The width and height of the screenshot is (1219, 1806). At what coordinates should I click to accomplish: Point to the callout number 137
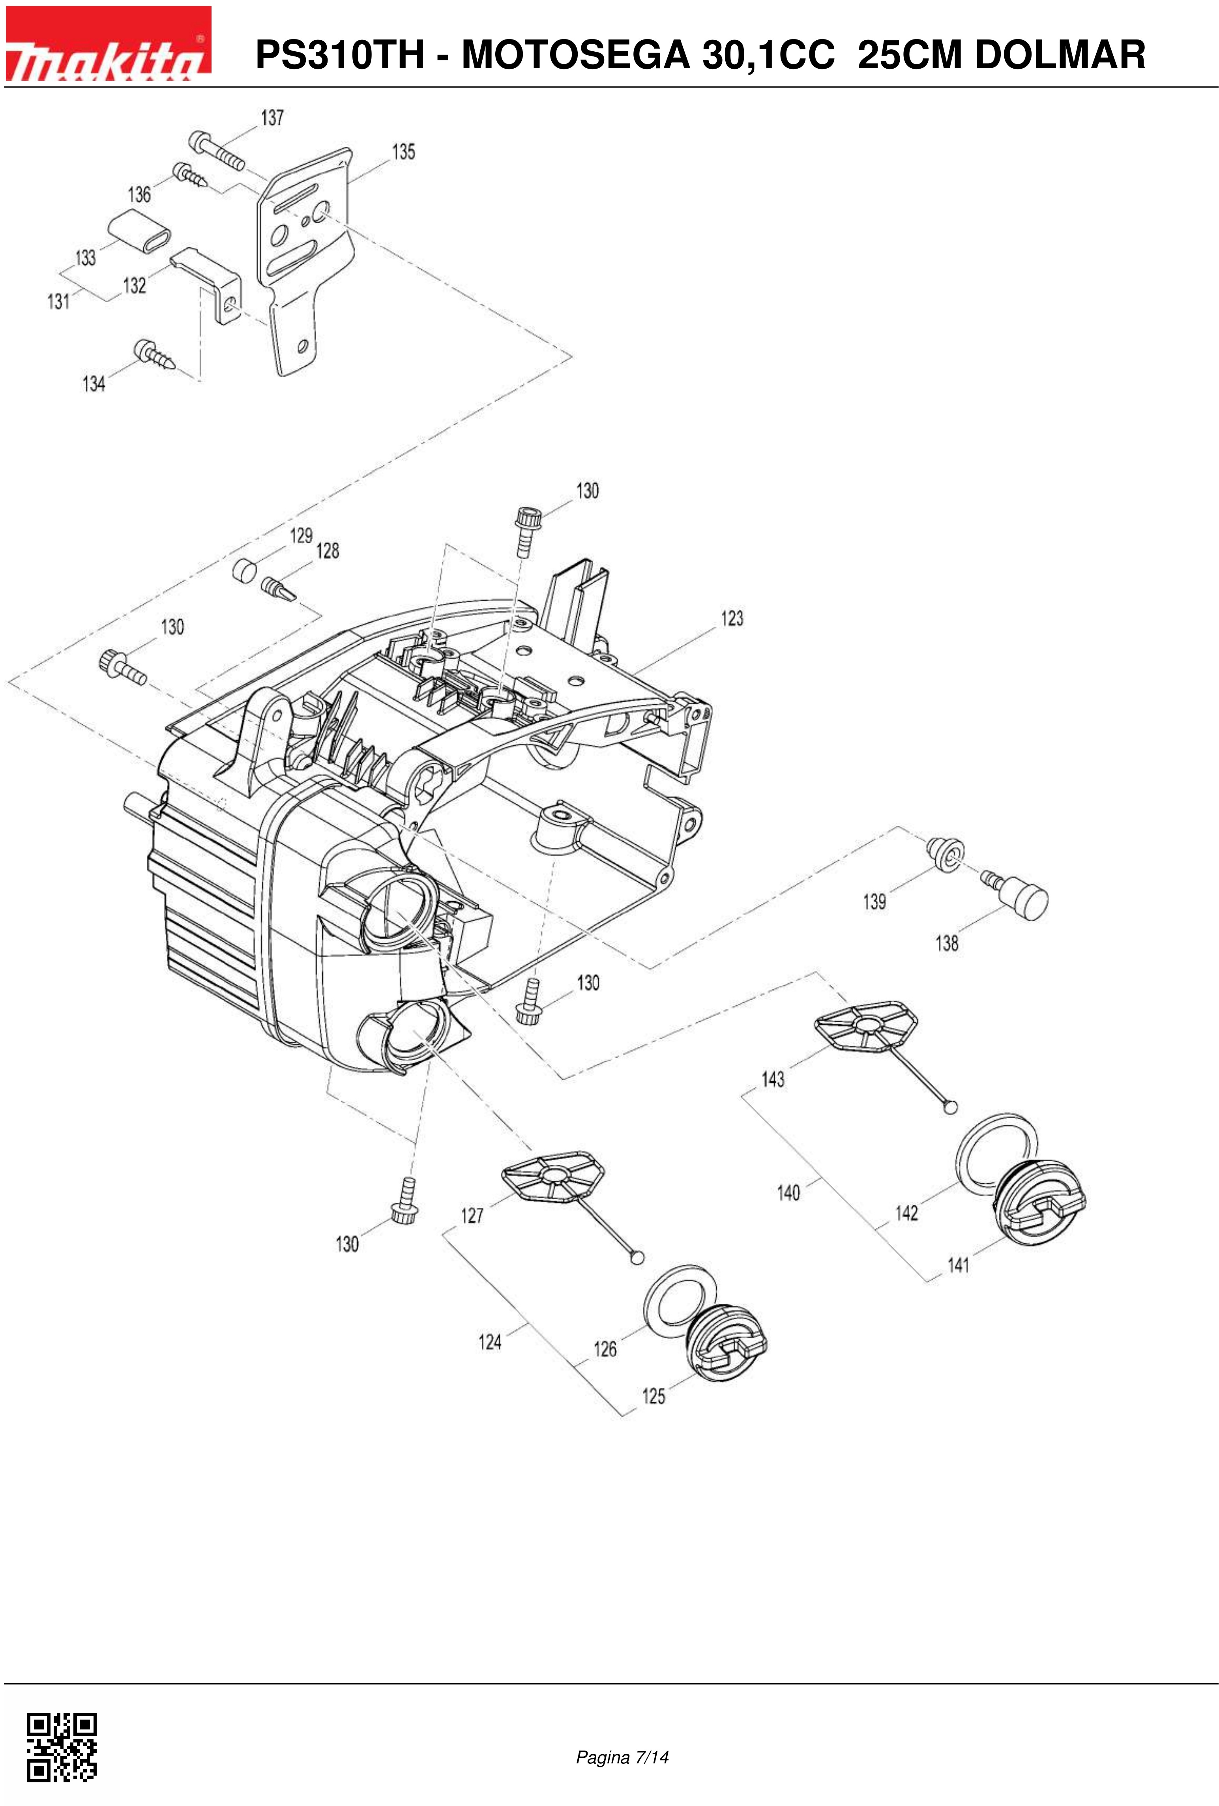click(272, 118)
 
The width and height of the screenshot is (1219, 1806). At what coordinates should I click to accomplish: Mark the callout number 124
click(490, 1342)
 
